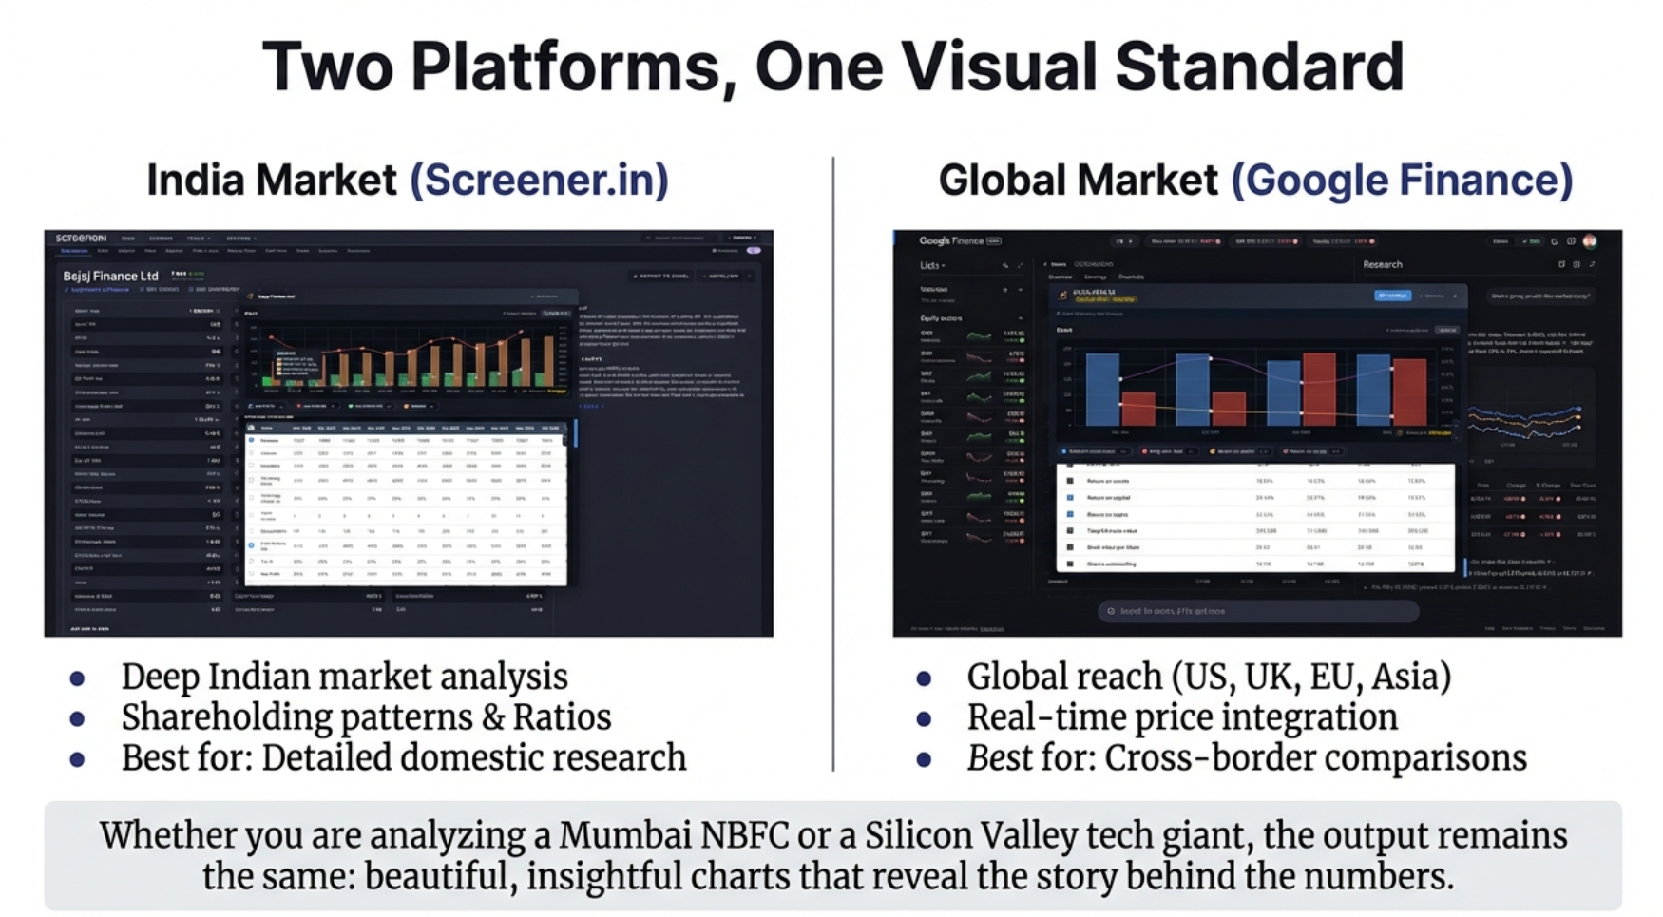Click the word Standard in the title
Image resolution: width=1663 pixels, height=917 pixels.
[x=1259, y=67]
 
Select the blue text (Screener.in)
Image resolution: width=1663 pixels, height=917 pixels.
[x=539, y=180]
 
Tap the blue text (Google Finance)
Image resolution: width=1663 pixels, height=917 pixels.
[x=1402, y=180]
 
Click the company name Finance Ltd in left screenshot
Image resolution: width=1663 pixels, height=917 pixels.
[x=111, y=276]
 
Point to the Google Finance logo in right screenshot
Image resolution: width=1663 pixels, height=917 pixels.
[x=951, y=241]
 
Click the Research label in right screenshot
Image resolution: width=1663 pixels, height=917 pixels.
[x=1382, y=265]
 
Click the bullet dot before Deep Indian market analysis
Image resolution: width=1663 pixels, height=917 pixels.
[x=77, y=678]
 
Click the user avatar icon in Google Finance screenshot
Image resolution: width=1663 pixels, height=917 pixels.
[x=1590, y=241]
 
